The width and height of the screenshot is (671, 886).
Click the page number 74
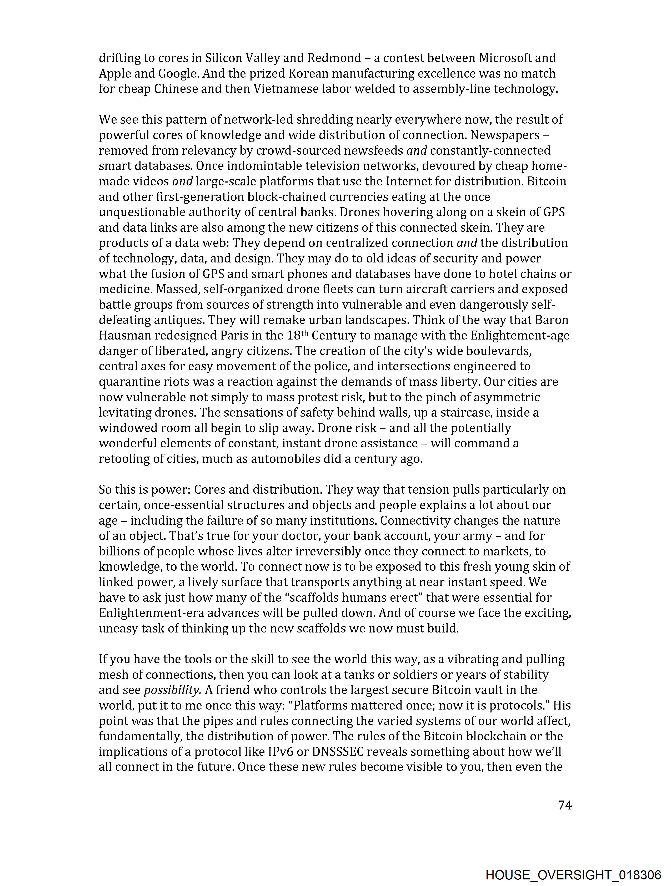[565, 805]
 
